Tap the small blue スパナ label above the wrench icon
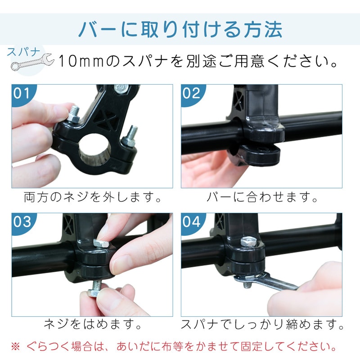[24, 52]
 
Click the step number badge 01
[22, 93]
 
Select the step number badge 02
[191, 93]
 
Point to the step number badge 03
[22, 222]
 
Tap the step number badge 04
[191, 222]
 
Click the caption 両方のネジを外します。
[92, 197]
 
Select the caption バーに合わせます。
[262, 197]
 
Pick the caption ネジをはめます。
[92, 324]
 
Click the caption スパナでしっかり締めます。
[262, 324]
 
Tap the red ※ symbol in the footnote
[15, 346]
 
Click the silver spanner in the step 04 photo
[265, 282]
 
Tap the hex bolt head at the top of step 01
[121, 88]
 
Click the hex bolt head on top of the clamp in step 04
[248, 242]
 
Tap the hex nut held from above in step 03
[101, 243]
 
